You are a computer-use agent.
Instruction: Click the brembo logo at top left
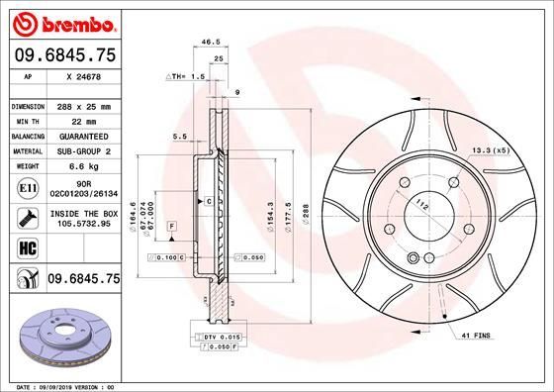[x=61, y=22]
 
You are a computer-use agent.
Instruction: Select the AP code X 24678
[x=85, y=76]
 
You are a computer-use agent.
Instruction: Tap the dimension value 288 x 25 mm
[x=84, y=105]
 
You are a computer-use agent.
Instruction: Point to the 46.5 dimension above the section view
[x=211, y=44]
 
